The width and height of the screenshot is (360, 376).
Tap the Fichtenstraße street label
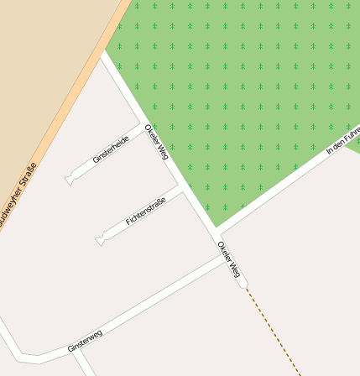145,211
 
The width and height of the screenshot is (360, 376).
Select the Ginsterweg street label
85,340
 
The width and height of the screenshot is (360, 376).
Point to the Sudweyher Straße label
18,196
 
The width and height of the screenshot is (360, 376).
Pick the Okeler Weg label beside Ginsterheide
157,142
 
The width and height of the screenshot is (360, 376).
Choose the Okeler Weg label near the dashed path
229,259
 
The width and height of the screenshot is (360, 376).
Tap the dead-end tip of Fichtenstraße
101,241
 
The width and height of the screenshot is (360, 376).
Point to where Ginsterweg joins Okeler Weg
227,258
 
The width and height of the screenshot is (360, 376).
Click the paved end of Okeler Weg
244,285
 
